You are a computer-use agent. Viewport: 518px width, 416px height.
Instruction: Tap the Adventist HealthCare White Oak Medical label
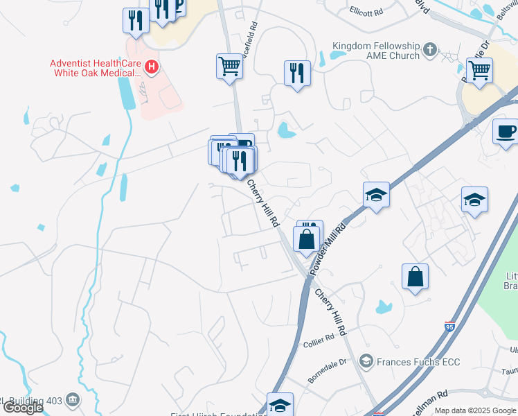pyautogui.click(x=95, y=67)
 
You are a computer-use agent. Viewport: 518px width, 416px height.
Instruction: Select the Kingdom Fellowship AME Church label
pyautogui.click(x=376, y=51)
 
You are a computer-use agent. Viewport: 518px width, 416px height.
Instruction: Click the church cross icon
pyautogui.click(x=430, y=50)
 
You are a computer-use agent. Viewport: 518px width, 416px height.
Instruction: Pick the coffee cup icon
pyautogui.click(x=506, y=131)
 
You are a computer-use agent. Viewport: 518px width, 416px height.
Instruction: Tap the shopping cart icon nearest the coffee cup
pyautogui.click(x=479, y=70)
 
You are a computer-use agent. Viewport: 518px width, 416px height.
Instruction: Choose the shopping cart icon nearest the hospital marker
pyautogui.click(x=229, y=67)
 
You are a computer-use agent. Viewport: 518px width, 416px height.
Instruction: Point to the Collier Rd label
pyautogui.click(x=319, y=336)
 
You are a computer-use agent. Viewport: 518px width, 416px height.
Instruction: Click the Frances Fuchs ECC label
pyautogui.click(x=418, y=362)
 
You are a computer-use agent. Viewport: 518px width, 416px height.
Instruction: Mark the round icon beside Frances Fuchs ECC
pyautogui.click(x=366, y=362)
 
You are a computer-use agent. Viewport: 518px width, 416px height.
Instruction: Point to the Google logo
pyautogui.click(x=23, y=408)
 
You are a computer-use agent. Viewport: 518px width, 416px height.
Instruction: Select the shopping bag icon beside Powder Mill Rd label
pyautogui.click(x=306, y=239)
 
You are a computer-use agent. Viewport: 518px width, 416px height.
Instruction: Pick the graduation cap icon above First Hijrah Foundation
pyautogui.click(x=280, y=405)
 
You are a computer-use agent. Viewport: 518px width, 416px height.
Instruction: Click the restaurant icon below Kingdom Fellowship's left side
pyautogui.click(x=297, y=73)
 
